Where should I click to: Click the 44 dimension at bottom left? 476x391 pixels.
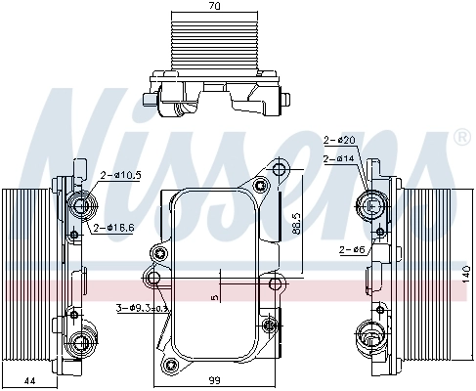(29, 379)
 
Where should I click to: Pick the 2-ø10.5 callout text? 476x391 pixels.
(120, 175)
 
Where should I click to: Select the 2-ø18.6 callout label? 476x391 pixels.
(114, 228)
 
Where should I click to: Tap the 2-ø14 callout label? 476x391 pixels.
(338, 157)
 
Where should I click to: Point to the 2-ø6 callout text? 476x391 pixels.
(352, 250)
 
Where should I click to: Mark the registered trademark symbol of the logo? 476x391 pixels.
(460, 139)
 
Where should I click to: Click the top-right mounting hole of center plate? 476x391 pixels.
(281, 172)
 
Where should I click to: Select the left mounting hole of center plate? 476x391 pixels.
(153, 280)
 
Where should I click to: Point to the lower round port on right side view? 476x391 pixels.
(369, 331)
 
